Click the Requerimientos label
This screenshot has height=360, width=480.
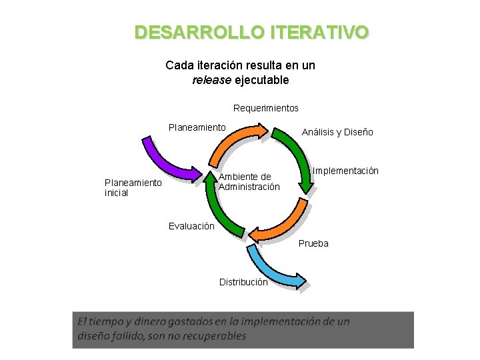point(266,108)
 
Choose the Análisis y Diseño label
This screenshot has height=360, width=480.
point(337,132)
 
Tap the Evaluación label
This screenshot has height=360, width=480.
point(191,226)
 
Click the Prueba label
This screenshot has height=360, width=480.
point(313,243)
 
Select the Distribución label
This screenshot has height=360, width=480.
point(243,282)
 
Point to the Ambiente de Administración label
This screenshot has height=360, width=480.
point(249,182)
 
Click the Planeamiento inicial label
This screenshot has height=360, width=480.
point(133,188)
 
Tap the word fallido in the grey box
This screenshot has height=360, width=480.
point(127,336)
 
